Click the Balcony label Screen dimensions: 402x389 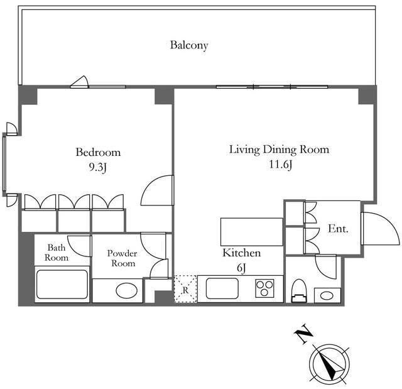189,45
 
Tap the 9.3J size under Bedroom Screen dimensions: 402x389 98,167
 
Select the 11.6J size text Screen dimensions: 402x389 281,165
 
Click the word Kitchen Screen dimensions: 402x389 241,253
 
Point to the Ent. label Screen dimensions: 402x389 338,229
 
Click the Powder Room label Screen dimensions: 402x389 122,258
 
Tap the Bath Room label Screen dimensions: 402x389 57,253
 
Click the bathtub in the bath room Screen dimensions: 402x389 62,285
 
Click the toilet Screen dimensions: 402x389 299,291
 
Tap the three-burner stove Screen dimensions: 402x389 265,288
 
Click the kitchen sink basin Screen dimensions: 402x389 222,289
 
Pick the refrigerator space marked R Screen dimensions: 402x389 185,289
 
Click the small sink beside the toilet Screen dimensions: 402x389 327,295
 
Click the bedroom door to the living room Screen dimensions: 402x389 157,190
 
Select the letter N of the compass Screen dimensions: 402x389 303,334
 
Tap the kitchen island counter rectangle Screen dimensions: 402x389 252,232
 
